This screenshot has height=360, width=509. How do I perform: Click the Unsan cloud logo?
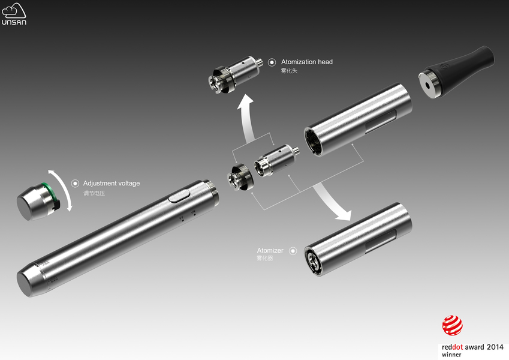[14, 14]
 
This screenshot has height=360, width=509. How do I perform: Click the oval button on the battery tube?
[179, 196]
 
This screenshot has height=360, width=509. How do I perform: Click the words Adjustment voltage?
[112, 183]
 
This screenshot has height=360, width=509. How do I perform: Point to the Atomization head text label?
[307, 62]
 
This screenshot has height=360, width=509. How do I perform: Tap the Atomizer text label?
[270, 250]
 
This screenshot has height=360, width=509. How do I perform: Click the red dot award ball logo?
[452, 325]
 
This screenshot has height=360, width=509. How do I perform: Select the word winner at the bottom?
[451, 355]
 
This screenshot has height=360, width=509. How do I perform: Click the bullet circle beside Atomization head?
[272, 62]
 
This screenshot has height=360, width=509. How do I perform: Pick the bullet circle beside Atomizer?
[293, 251]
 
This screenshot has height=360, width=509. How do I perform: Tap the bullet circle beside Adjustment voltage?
[75, 184]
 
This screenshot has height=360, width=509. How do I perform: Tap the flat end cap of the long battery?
[25, 284]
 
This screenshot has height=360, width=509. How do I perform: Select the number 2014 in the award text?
[495, 347]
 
